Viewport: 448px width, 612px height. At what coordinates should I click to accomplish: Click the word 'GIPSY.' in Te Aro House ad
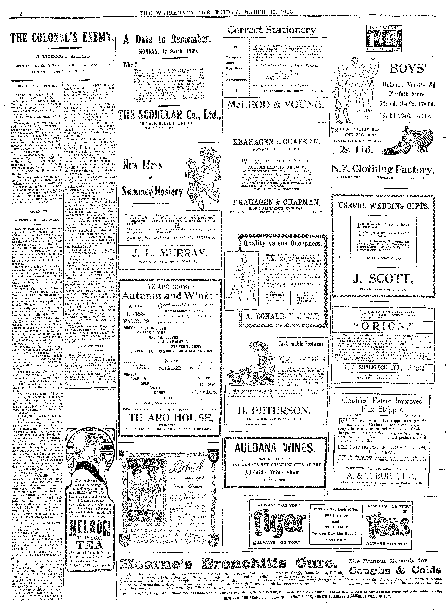click(168, 397)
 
